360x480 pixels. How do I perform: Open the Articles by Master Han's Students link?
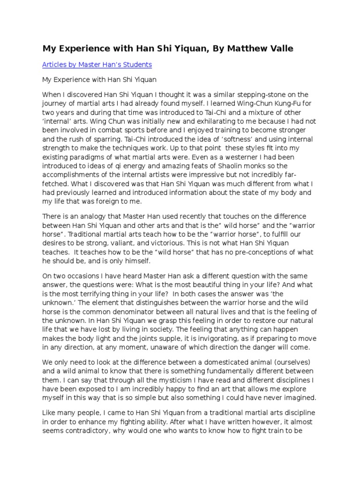pos(97,64)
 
